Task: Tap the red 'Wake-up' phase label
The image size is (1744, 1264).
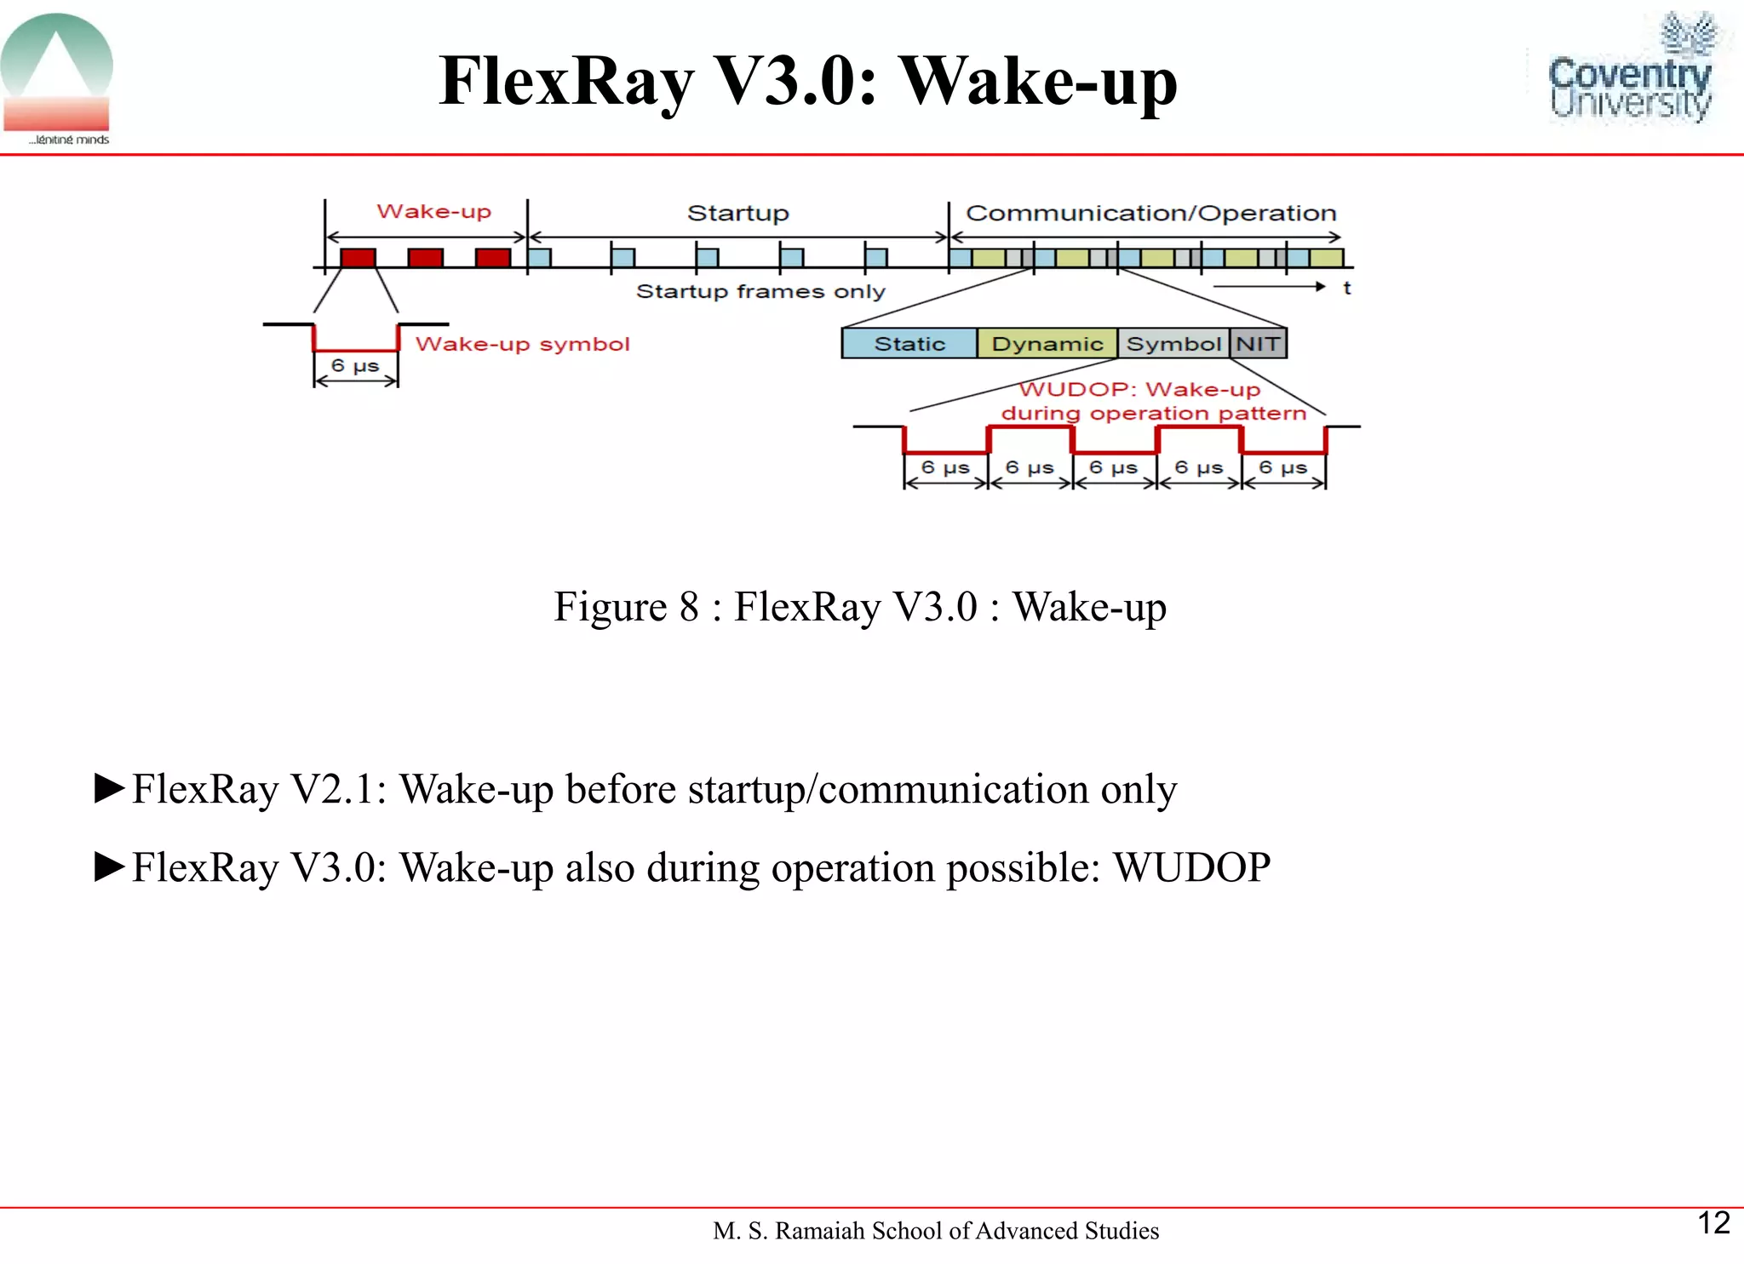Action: click(433, 211)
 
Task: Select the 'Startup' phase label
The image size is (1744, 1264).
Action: click(737, 213)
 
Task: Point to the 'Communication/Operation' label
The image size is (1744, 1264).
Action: click(1150, 213)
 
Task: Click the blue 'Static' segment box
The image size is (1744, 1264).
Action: click(909, 344)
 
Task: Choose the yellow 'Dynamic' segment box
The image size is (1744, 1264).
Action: click(1047, 344)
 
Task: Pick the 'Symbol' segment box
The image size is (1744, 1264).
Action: click(1173, 344)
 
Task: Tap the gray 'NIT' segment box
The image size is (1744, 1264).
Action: click(1258, 344)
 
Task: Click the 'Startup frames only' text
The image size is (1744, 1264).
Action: click(760, 291)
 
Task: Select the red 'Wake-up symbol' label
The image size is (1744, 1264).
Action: click(522, 344)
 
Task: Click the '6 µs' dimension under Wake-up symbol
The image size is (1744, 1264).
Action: click(355, 366)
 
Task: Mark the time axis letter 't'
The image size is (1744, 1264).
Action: click(1346, 288)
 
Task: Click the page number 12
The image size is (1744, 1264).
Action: click(1713, 1223)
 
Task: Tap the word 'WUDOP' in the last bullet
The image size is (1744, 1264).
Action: click(1191, 867)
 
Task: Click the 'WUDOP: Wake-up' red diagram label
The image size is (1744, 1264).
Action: click(1139, 390)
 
